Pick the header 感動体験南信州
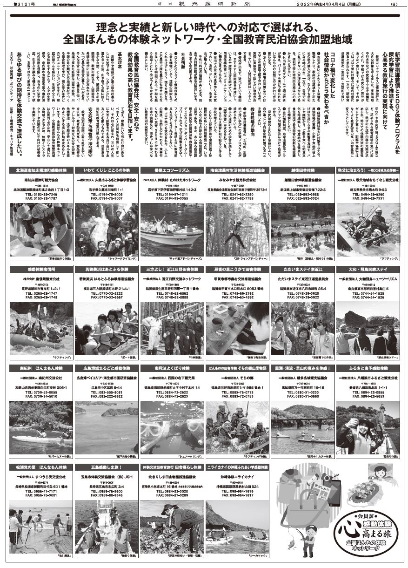[41, 269]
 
